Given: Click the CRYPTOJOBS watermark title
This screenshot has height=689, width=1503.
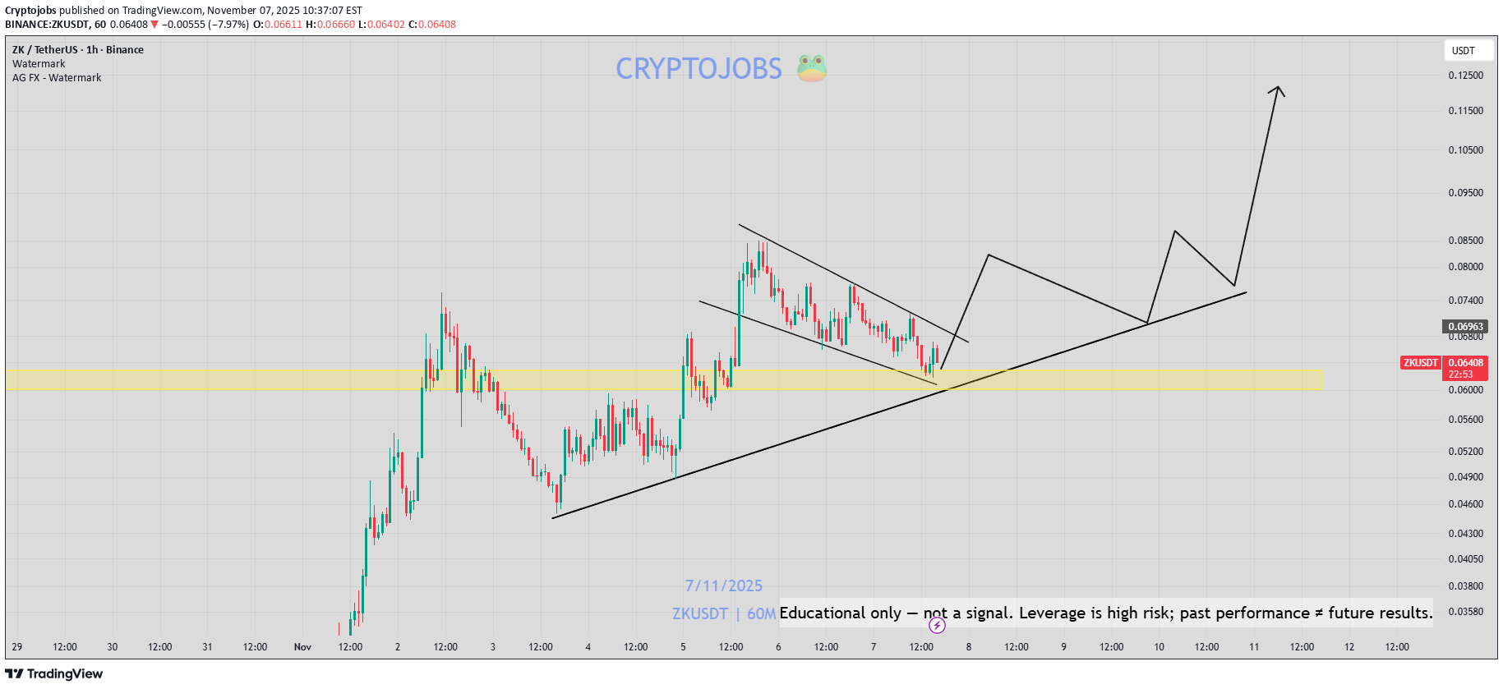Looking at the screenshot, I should coord(698,69).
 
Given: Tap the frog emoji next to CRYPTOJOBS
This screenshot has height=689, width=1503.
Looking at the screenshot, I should coord(811,68).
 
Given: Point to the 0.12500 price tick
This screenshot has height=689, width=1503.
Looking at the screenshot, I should coord(1465,76).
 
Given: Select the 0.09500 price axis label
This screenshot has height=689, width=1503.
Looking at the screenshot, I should coord(1465,193).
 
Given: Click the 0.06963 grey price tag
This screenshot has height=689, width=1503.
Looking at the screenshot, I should coord(1465,327).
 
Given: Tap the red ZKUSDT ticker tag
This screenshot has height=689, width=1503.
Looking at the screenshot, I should coord(1420,363).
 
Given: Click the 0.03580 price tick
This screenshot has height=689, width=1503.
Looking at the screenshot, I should coord(1465,612).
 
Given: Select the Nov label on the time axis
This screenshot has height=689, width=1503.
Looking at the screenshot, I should coord(302,647).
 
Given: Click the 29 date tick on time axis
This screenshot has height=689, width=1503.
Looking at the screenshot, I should coord(17,647).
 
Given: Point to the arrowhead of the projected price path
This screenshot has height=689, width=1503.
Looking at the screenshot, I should coord(1277,89).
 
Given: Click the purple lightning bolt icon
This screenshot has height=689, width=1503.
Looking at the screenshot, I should coord(937,626).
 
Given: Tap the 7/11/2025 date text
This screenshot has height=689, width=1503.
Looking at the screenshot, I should coord(723,586).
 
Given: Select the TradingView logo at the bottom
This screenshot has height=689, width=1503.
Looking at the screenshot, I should coord(54,674).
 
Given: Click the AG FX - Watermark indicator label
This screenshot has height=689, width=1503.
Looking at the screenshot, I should coord(57,78).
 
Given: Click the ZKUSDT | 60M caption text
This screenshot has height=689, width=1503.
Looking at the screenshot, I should coord(723,614).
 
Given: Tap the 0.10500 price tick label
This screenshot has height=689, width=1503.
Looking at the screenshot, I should coord(1465,150).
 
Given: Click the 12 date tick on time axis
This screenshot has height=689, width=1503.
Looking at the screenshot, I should coord(1349,647).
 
